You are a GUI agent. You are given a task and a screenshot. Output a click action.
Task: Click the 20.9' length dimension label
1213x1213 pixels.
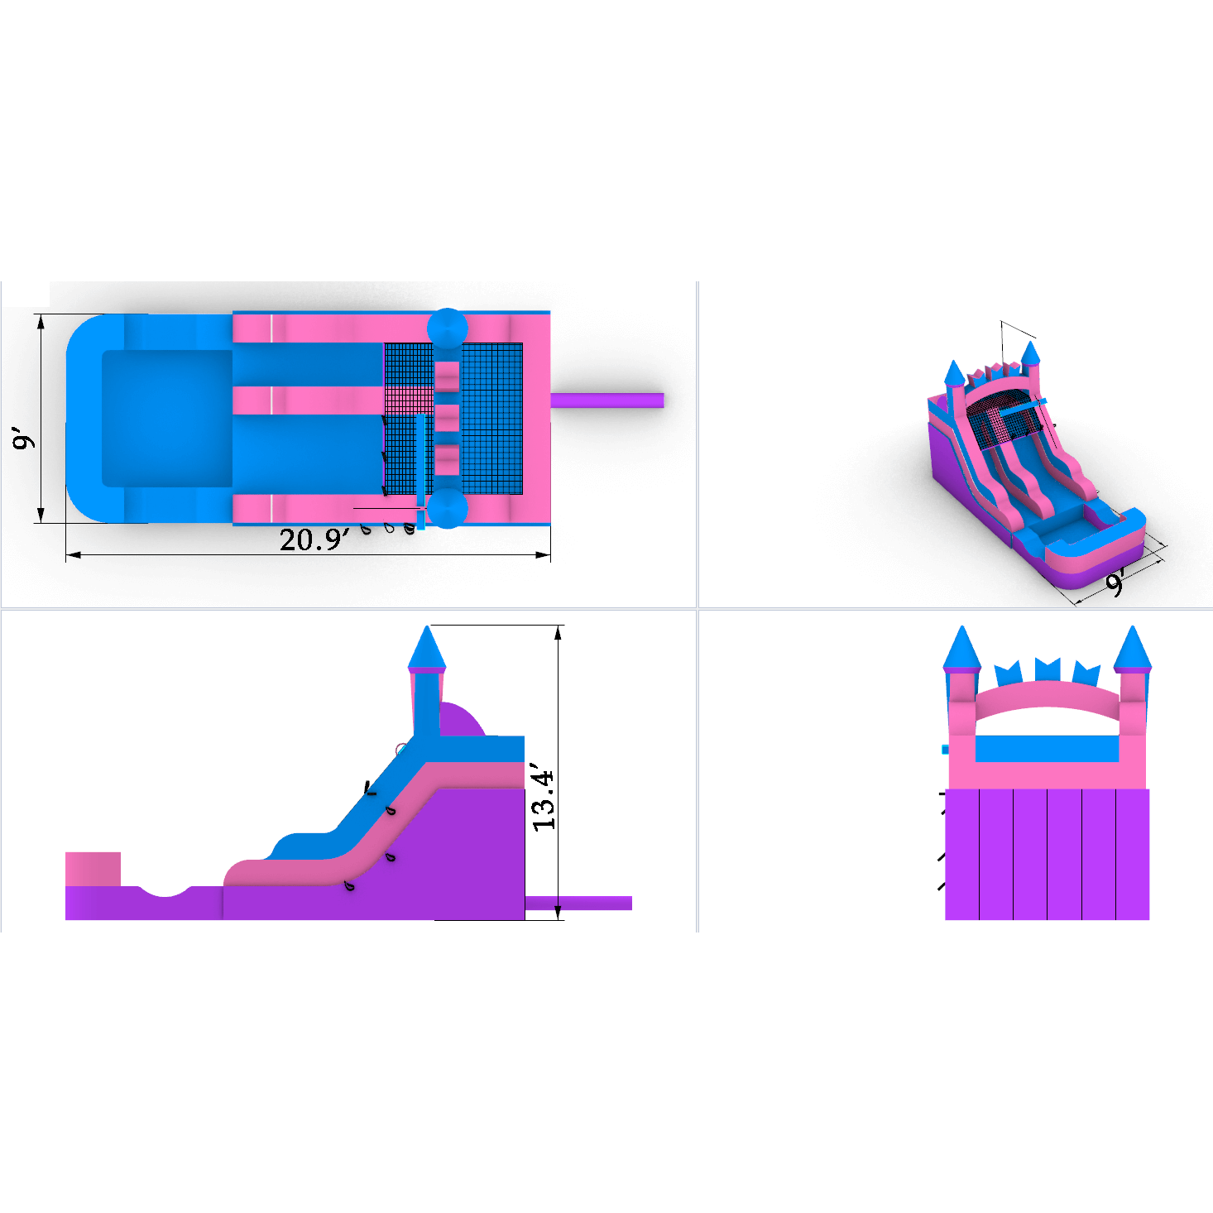point(314,540)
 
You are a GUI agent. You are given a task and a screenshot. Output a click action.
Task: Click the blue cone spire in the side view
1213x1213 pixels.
point(427,648)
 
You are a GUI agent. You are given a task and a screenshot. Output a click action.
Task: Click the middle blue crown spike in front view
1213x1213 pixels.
point(1048,669)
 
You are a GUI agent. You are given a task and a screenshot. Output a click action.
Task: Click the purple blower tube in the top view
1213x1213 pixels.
point(607,400)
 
